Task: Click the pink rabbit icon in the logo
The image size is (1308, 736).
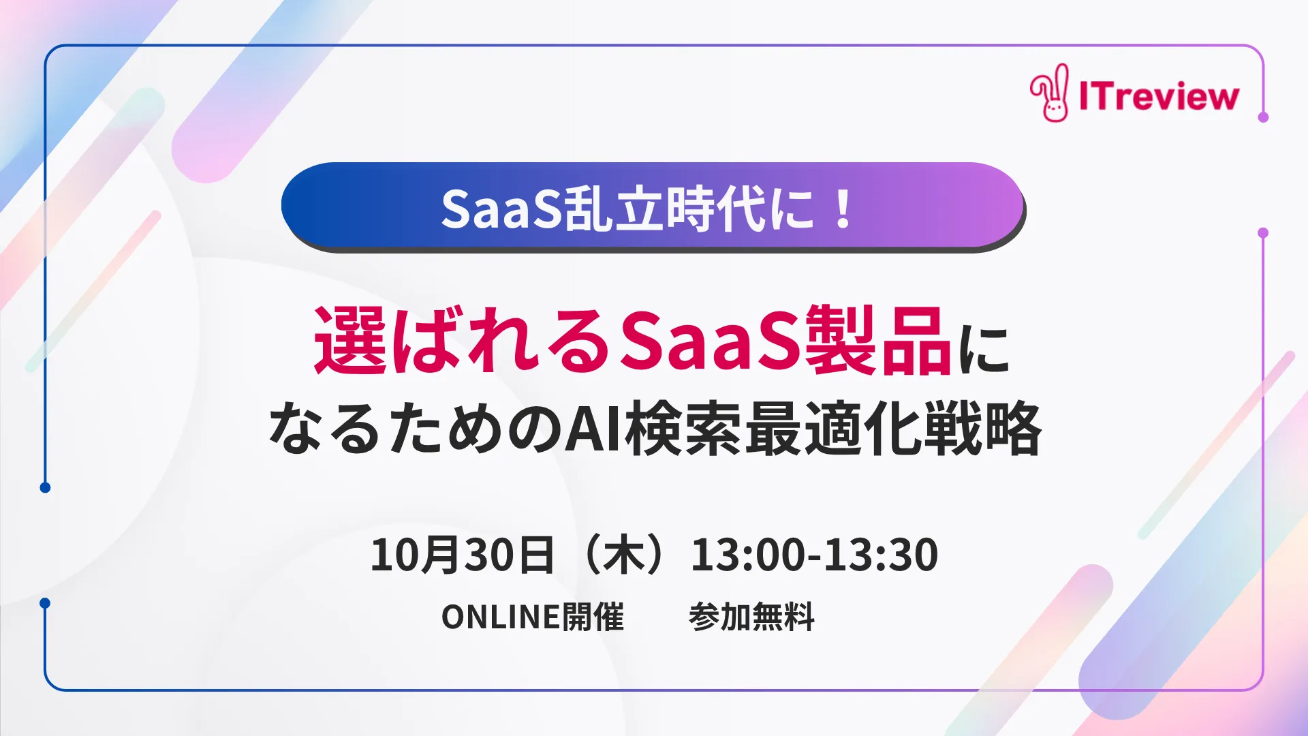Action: point(1050,94)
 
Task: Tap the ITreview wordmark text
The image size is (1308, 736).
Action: point(1159,96)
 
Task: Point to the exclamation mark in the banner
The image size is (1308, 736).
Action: point(843,209)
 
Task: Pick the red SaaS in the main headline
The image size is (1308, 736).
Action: point(708,340)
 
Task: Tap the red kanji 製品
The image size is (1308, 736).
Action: point(878,340)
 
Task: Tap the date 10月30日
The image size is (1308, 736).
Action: point(461,554)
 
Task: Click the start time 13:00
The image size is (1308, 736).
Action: point(747,554)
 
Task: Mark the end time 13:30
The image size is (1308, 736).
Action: point(882,554)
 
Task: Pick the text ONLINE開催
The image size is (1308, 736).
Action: point(533,617)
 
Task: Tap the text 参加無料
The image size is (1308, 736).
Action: point(751,617)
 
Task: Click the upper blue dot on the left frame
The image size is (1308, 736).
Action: point(45,487)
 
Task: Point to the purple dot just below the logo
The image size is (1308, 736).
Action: point(1263,117)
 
